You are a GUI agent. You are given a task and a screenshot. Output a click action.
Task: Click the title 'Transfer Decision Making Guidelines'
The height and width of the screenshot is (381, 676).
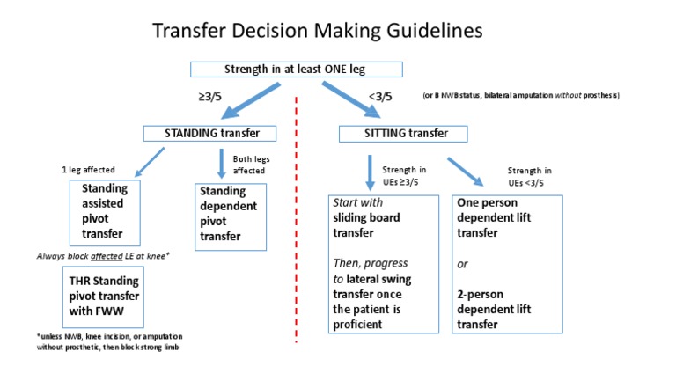(x=318, y=31)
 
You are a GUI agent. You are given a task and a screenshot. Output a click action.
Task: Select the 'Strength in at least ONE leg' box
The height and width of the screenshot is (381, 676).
(x=297, y=70)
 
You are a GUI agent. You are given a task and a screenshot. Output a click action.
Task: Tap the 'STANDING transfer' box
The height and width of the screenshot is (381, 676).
(x=209, y=134)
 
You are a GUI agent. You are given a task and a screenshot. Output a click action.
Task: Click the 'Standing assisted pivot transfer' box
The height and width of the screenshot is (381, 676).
(x=105, y=212)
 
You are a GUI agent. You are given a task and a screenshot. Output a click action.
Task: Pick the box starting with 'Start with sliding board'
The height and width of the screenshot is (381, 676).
(x=384, y=263)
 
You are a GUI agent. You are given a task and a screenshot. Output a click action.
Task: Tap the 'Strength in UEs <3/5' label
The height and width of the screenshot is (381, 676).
(x=529, y=175)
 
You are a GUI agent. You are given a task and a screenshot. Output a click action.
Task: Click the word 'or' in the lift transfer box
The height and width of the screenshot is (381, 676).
(x=462, y=265)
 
